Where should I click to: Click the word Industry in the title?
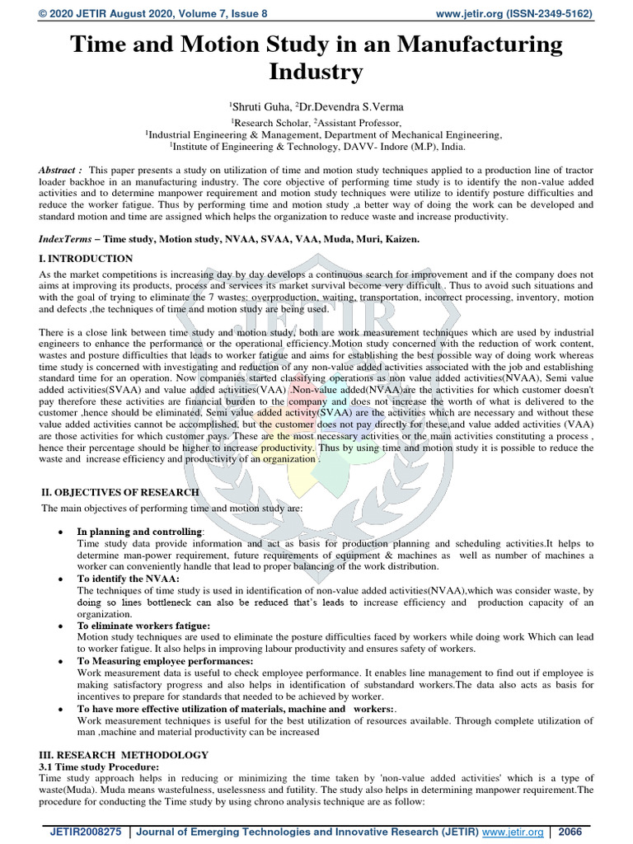pyautogui.click(x=316, y=73)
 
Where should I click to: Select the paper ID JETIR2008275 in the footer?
pyautogui.click(x=82, y=832)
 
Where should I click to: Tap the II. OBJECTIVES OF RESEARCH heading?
pyautogui.click(x=120, y=492)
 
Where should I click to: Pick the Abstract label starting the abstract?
pyautogui.click(x=60, y=170)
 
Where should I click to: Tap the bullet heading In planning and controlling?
pyautogui.click(x=139, y=532)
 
